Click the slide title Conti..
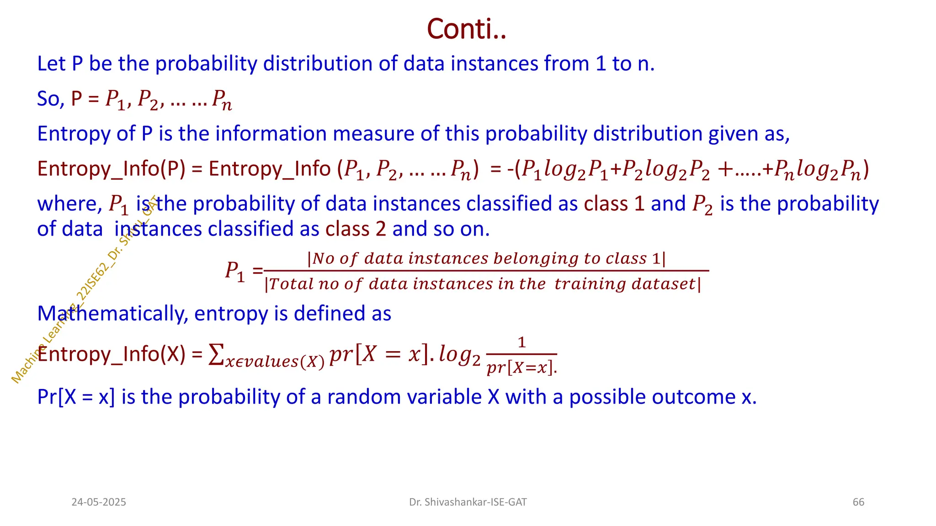[466, 29]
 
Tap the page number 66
[858, 502]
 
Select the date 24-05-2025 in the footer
[99, 502]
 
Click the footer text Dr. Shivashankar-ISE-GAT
[468, 502]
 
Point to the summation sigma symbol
[216, 355]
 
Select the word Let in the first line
[51, 64]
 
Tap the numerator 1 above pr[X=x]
[521, 342]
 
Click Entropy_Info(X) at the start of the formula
[111, 354]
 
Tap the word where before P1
[69, 204]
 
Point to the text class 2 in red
[356, 229]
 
